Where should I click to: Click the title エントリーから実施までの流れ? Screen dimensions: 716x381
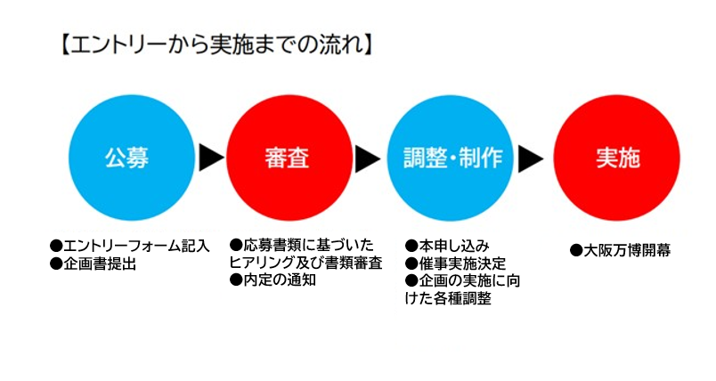[217, 45]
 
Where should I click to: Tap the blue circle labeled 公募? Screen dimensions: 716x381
[132, 158]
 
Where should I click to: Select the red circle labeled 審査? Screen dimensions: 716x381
[289, 158]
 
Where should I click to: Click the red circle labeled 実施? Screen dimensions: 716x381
[617, 158]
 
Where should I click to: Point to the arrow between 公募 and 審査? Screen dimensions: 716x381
[211, 158]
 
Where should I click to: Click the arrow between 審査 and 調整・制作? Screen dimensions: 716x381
[368, 158]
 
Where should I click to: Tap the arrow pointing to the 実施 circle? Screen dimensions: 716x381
[531, 158]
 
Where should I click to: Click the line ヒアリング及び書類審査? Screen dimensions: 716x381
[306, 263]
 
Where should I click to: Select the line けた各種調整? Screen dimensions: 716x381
[448, 298]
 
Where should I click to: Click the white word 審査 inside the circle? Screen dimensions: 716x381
[287, 158]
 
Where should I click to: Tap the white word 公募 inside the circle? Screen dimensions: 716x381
[127, 158]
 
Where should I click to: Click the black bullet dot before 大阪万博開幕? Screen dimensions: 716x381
[576, 250]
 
